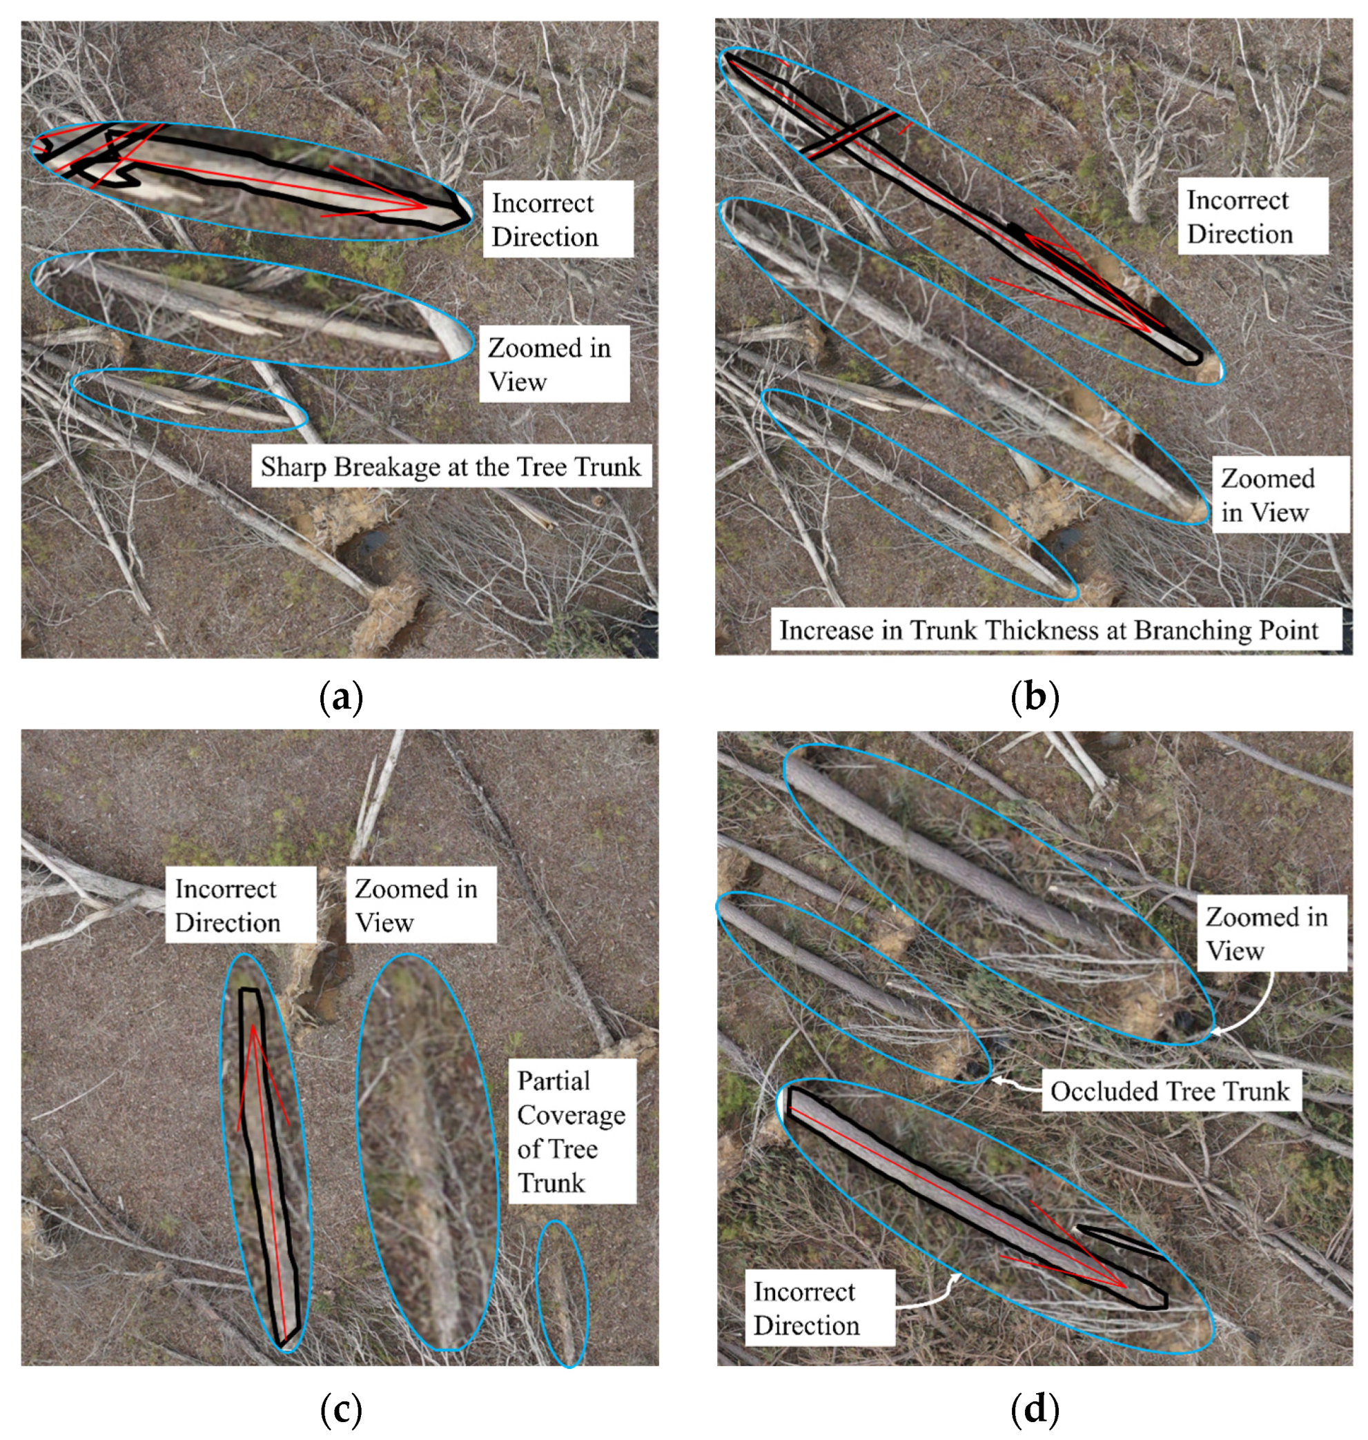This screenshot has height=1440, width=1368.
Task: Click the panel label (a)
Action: (x=340, y=698)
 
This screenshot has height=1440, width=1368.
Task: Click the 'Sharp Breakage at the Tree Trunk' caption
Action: (x=451, y=466)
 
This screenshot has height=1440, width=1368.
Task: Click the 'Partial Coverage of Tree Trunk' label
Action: (x=571, y=1132)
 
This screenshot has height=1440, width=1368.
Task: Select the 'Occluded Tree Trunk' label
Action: (x=1170, y=1091)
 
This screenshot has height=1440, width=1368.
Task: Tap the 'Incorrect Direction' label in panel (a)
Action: (x=558, y=219)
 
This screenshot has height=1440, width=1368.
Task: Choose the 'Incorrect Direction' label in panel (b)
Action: (x=1252, y=217)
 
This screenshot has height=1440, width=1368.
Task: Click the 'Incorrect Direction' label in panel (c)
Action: (x=240, y=905)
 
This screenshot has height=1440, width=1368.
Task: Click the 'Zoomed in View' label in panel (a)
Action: (x=554, y=364)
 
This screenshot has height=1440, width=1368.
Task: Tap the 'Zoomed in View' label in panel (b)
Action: (x=1280, y=495)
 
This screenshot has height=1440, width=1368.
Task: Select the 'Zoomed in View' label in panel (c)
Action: (x=421, y=905)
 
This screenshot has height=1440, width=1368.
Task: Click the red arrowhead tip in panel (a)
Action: (x=427, y=207)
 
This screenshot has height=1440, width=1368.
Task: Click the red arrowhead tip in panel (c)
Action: (x=253, y=1027)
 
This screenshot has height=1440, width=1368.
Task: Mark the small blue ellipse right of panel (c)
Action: (x=562, y=1294)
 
